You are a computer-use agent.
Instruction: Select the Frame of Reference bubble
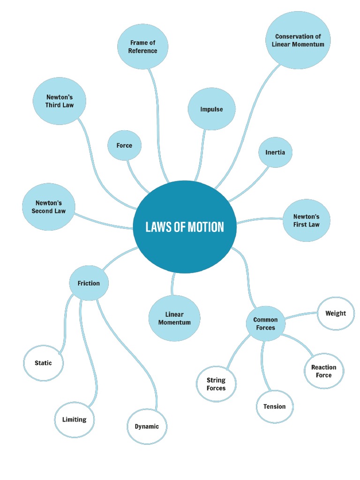[142, 47]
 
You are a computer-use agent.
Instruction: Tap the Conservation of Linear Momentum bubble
[298, 40]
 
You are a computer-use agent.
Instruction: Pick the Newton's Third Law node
[60, 101]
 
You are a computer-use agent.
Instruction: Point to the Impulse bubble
[211, 109]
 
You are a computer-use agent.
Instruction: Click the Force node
[124, 145]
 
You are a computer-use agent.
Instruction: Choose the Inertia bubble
[275, 152]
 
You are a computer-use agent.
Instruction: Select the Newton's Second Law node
[49, 207]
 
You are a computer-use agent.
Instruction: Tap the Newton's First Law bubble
[306, 220]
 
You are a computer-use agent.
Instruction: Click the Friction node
[89, 283]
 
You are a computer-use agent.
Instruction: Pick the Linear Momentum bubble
[174, 318]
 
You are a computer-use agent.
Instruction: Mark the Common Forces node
[265, 323]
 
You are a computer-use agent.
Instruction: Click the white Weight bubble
[336, 313]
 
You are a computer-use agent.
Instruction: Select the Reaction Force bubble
[323, 371]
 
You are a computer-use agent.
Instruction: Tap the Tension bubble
[274, 406]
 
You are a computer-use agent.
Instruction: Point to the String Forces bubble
[216, 384]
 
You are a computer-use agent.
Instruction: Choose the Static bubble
[43, 363]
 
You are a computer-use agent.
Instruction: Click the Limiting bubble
[74, 420]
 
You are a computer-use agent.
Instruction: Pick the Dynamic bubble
[147, 426]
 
